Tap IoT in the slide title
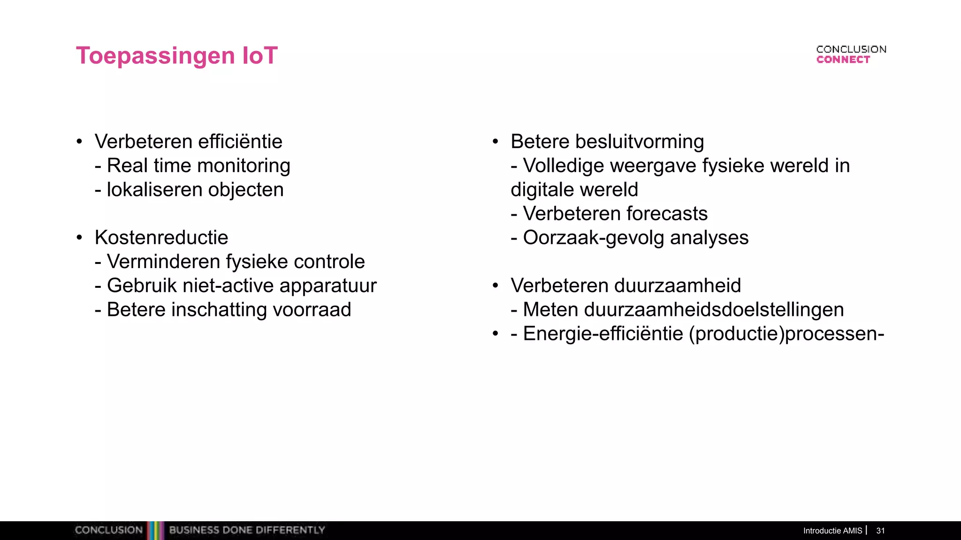[260, 56]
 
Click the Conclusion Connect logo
[851, 54]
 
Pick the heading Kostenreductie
[161, 238]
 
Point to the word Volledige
[563, 166]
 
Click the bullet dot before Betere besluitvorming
[495, 142]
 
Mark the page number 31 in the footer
[880, 531]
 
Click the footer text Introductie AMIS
[832, 531]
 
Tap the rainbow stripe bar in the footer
[156, 530]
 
